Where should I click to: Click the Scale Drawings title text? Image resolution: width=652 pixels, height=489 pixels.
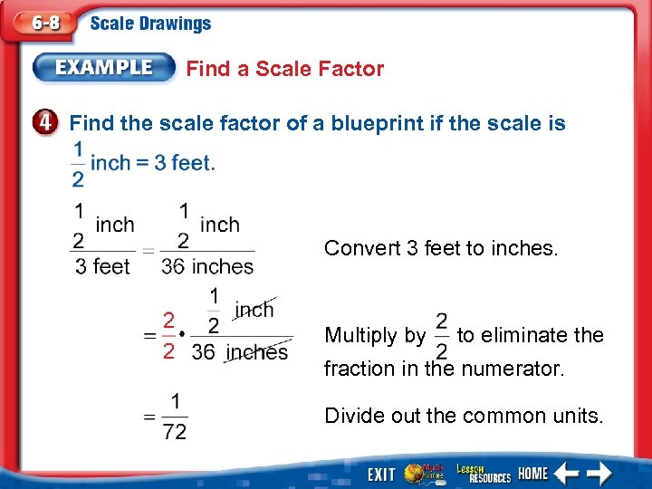click(150, 24)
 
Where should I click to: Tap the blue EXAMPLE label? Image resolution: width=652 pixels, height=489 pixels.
click(105, 67)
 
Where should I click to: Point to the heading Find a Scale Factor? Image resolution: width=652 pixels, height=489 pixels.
click(284, 69)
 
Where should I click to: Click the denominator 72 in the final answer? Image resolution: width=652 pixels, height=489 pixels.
click(175, 432)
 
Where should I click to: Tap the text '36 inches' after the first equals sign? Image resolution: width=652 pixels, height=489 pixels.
click(207, 266)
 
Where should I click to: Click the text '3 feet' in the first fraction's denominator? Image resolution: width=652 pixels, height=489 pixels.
click(101, 266)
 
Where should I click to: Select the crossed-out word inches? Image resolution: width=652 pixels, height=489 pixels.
click(257, 351)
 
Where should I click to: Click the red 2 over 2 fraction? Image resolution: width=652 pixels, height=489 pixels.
click(168, 335)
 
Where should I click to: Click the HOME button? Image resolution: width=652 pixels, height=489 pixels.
click(533, 473)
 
